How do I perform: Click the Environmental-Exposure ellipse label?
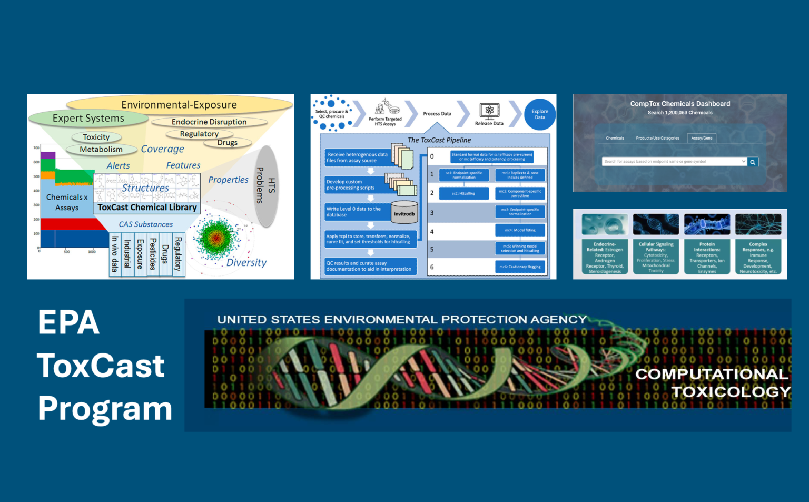[x=179, y=104]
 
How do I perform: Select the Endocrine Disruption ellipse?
[x=209, y=122]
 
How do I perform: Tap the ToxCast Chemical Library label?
[x=147, y=208]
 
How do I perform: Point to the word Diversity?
[x=246, y=262]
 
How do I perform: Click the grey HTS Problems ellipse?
[x=267, y=185]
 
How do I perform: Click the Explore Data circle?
[x=540, y=114]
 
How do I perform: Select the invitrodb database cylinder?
[x=404, y=213]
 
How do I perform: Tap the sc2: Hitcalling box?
[x=463, y=193]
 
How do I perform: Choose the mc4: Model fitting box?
[x=520, y=230]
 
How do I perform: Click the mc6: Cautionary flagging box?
[x=520, y=267]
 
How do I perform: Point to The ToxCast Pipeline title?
[x=439, y=140]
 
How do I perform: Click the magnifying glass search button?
[x=753, y=162]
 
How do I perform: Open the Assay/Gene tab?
[x=702, y=138]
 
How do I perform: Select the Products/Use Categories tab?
[x=657, y=138]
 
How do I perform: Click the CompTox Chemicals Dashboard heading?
[x=680, y=104]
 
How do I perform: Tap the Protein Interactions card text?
[x=707, y=258]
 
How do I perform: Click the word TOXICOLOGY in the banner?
[x=731, y=392]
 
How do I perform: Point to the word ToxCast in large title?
[x=101, y=366]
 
